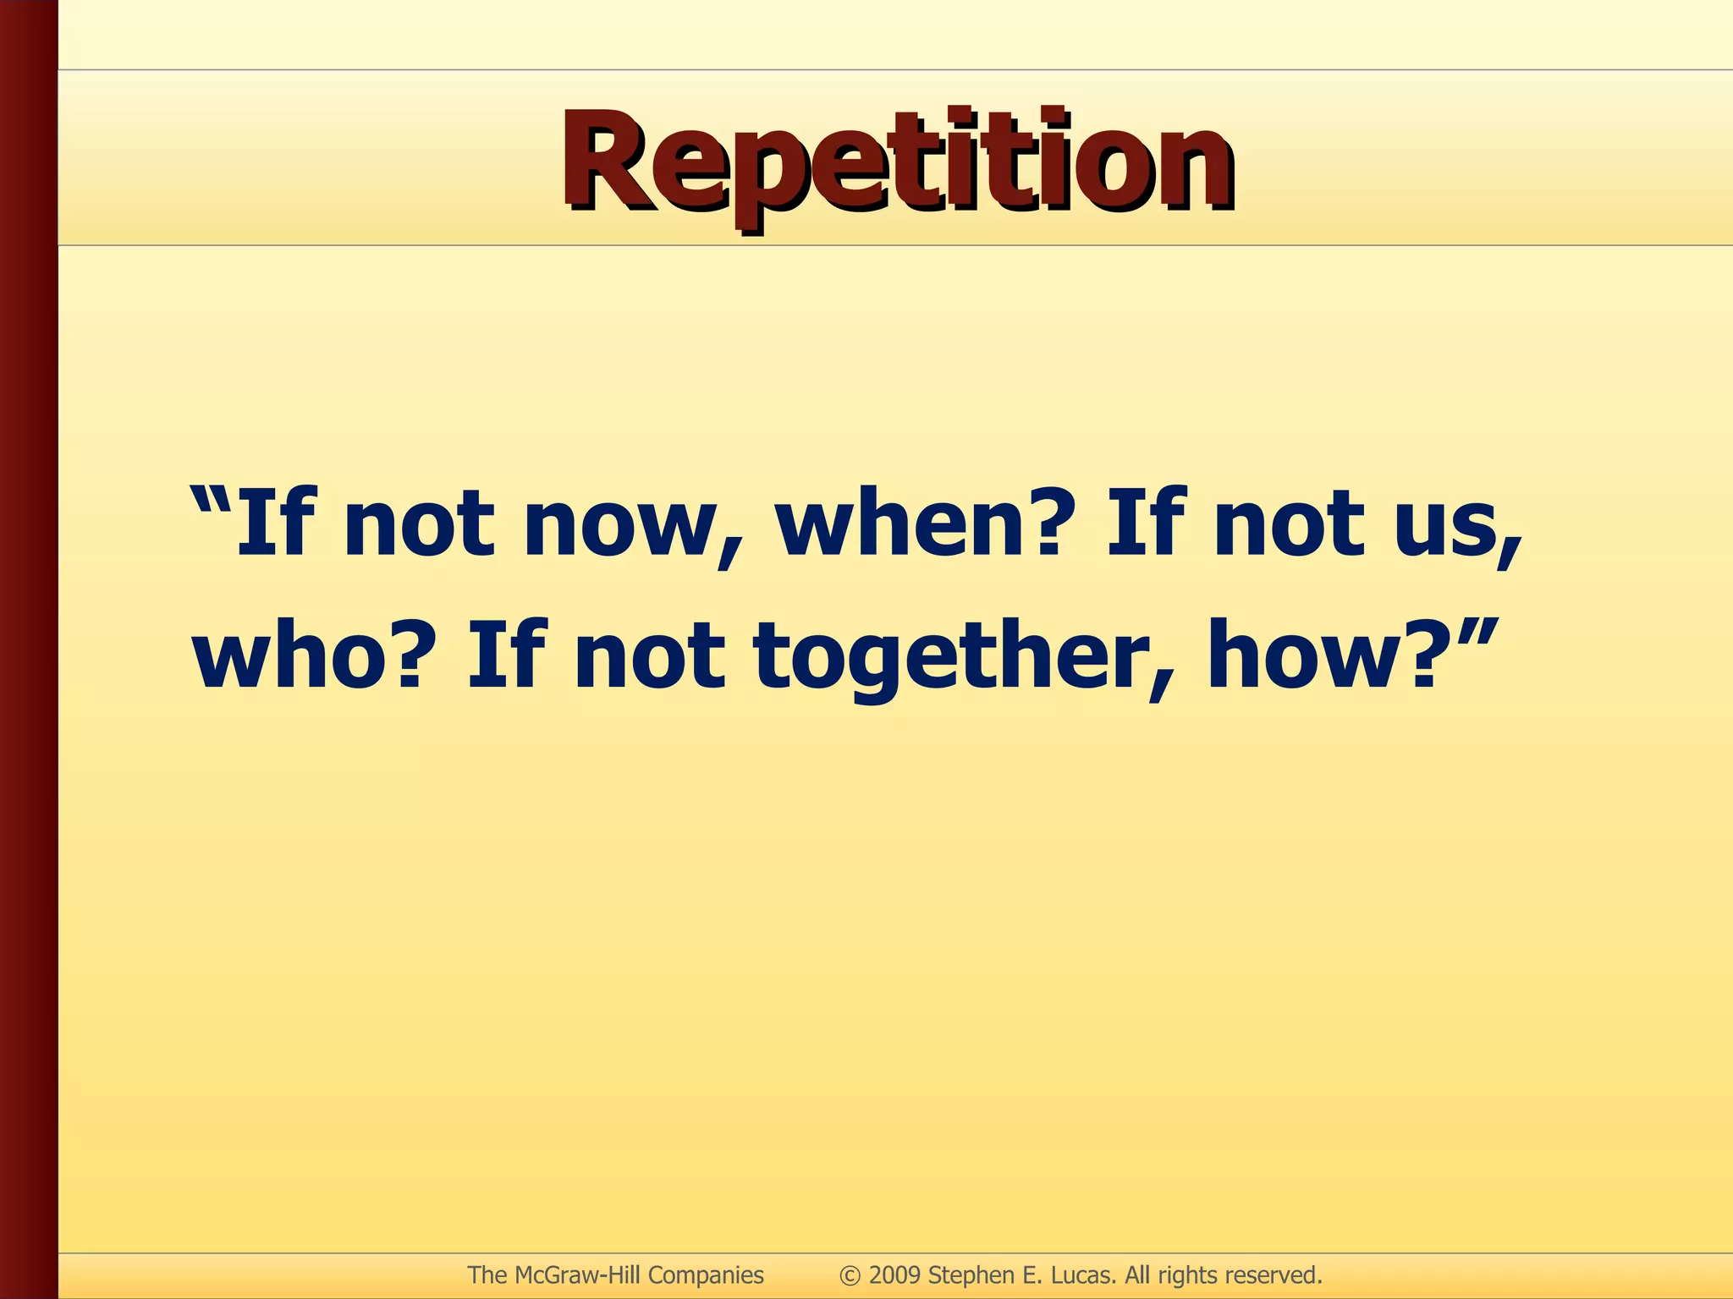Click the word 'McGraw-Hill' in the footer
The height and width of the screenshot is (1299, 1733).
click(576, 1275)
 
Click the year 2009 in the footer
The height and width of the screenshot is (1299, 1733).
click(894, 1275)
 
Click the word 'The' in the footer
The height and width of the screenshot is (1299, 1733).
click(487, 1275)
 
